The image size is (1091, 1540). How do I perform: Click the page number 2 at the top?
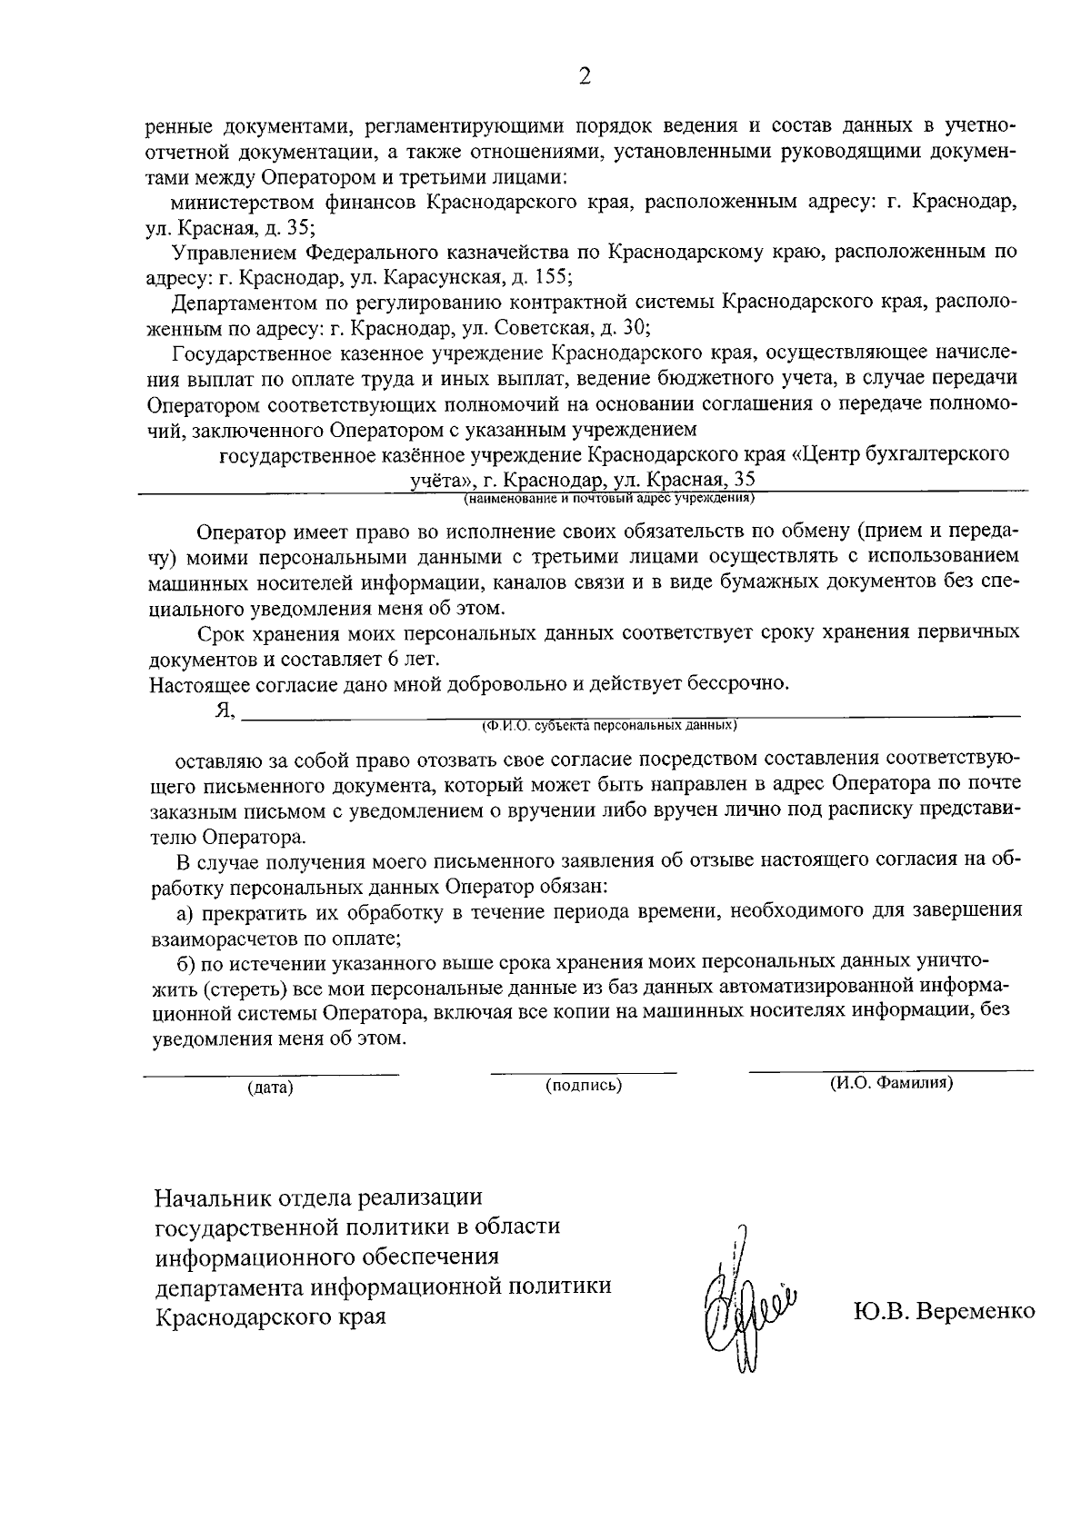click(585, 76)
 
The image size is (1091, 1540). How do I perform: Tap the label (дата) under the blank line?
click(271, 1087)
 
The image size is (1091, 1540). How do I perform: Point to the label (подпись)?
click(584, 1085)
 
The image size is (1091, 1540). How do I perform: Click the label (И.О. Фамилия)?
click(891, 1083)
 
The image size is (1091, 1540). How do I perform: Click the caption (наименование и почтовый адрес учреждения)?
click(609, 498)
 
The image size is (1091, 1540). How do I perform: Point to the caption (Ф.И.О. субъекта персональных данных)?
click(608, 726)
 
